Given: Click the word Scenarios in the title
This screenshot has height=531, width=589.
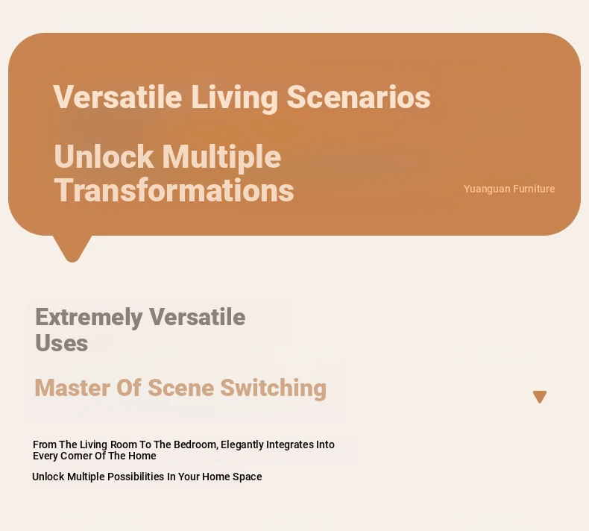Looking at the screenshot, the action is pos(359,97).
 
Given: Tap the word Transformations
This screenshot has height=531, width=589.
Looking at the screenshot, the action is pos(174,190).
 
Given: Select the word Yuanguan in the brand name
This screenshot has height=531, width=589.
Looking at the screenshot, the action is pos(487,189).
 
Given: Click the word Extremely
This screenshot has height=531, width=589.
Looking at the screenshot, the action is pos(89,318).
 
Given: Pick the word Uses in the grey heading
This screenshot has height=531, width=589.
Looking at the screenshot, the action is pos(62,343).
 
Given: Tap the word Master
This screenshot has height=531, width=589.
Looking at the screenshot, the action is pos(72,388).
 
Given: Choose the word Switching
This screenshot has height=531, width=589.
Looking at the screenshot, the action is pos(273,389).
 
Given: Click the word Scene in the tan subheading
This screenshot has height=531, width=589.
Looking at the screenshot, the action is pos(181,388).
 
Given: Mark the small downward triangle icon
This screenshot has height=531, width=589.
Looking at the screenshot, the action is pos(540,397).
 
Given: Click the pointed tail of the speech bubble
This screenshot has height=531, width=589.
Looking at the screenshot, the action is pos(72,260).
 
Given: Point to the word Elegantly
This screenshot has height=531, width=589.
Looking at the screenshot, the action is pos(242,445).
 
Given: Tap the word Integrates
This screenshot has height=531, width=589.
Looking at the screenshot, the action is pos(290,445).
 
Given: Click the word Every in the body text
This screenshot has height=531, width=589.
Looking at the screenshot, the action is pos(45,456).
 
